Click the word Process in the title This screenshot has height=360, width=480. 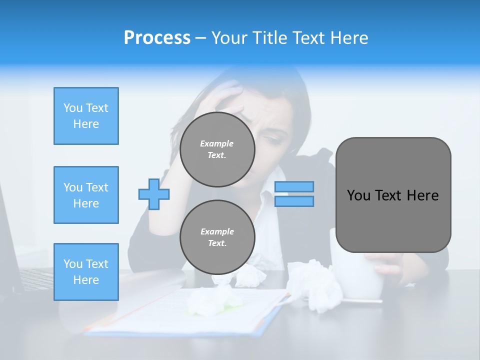tap(157, 37)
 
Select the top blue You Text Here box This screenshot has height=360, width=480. tap(86, 116)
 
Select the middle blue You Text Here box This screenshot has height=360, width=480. tap(86, 195)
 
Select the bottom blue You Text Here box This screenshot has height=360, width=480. tap(86, 271)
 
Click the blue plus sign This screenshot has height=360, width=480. tap(154, 194)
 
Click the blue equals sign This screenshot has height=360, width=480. tap(294, 194)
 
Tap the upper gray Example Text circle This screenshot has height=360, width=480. tap(217, 149)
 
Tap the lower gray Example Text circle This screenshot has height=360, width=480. tap(217, 237)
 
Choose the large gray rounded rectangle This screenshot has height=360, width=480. tap(393, 194)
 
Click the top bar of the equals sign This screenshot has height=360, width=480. tap(294, 186)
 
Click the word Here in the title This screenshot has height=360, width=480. tap(348, 37)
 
